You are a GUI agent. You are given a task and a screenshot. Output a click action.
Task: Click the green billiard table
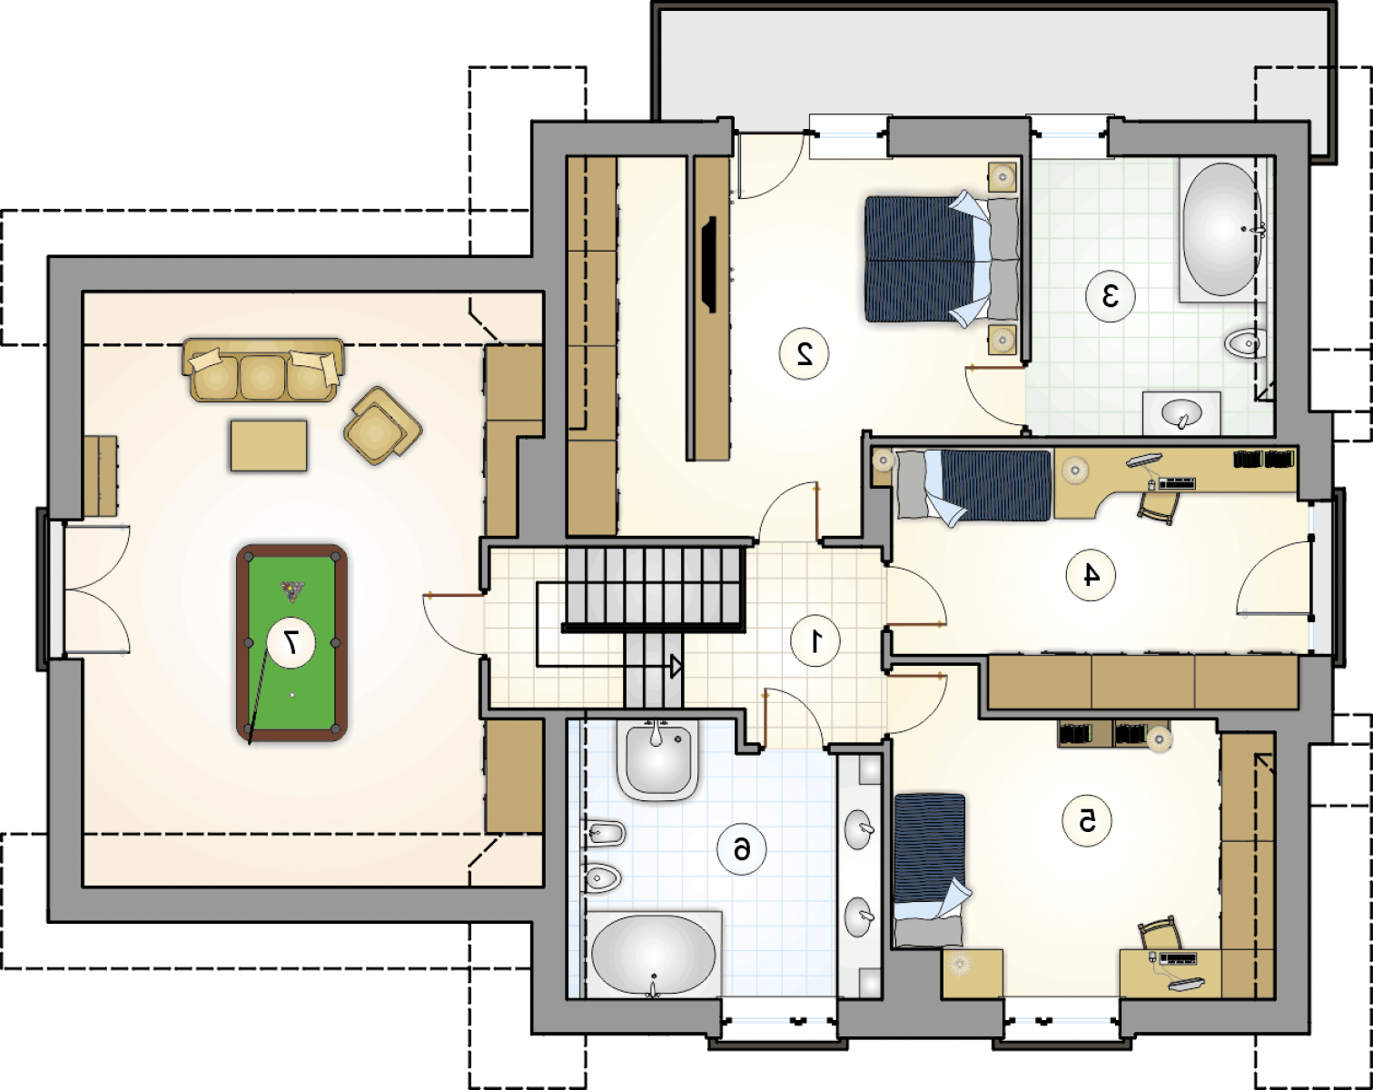(x=291, y=642)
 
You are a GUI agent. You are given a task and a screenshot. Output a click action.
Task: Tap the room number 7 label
(x=291, y=642)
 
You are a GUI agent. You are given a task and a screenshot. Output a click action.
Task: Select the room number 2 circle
(x=804, y=353)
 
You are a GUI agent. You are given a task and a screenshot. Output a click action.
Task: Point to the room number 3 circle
(x=1111, y=296)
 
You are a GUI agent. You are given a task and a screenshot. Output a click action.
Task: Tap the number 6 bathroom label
(x=741, y=849)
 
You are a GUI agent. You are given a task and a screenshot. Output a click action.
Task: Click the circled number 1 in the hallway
(x=815, y=641)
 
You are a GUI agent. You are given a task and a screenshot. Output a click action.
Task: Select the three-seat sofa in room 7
(x=262, y=370)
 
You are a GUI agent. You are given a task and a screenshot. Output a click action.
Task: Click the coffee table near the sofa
(x=269, y=445)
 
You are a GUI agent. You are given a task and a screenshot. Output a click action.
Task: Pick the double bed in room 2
(x=942, y=259)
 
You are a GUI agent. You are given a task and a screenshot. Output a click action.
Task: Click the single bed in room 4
(x=973, y=486)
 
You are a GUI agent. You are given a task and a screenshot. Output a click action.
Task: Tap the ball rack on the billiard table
(x=292, y=591)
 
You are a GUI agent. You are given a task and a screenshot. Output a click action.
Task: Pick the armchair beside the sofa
(x=382, y=425)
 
